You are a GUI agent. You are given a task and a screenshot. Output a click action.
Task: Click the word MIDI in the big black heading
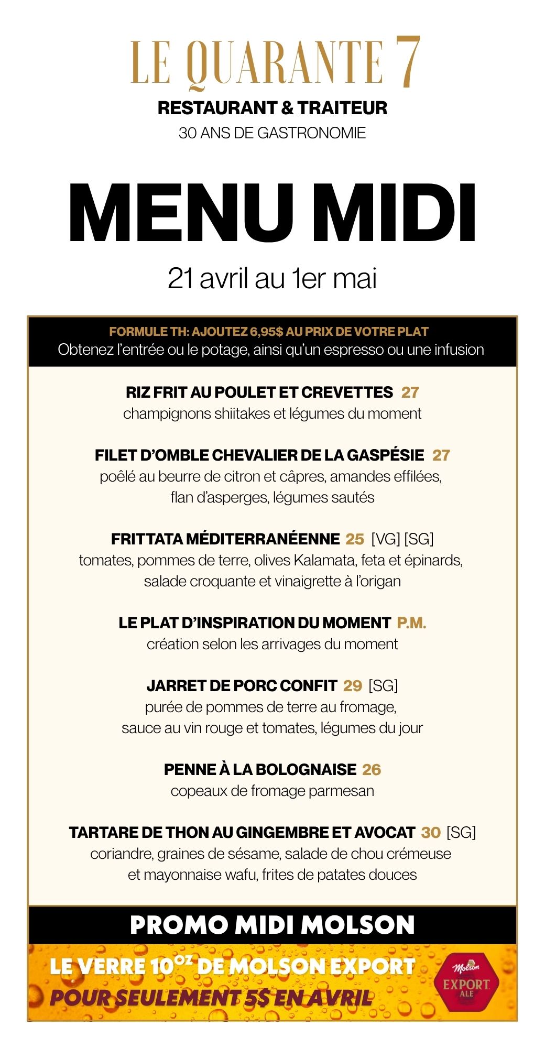[397, 214]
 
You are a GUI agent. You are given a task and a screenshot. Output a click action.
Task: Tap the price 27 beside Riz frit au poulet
[410, 392]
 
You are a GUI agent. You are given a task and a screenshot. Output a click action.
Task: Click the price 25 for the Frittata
[355, 539]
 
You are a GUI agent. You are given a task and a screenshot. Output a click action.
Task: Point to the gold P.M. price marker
[411, 623]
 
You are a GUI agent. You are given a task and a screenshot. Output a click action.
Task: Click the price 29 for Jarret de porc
[353, 686]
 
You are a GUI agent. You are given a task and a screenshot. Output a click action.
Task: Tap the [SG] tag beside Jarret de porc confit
[383, 686]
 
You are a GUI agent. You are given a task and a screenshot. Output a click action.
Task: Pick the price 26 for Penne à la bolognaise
[372, 770]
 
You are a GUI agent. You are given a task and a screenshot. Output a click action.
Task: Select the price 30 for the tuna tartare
[431, 833]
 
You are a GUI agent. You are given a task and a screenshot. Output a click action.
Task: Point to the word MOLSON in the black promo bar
[358, 925]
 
